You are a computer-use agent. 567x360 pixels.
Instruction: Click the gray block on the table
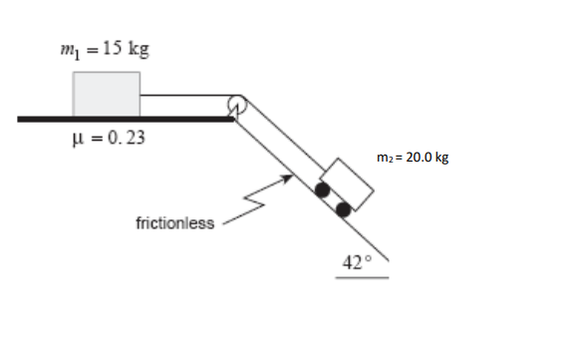106,94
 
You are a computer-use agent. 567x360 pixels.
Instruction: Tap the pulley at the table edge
237,103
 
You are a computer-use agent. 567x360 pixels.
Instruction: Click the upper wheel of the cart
322,189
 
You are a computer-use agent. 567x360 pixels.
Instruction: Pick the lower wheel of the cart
344,209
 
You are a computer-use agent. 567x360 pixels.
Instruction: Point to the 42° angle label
356,262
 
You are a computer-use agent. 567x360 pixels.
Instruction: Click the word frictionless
173,222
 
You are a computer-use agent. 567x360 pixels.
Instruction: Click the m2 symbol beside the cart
386,158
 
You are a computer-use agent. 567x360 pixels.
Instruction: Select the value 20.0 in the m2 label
417,157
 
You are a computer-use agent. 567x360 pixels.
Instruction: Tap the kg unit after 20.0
440,158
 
